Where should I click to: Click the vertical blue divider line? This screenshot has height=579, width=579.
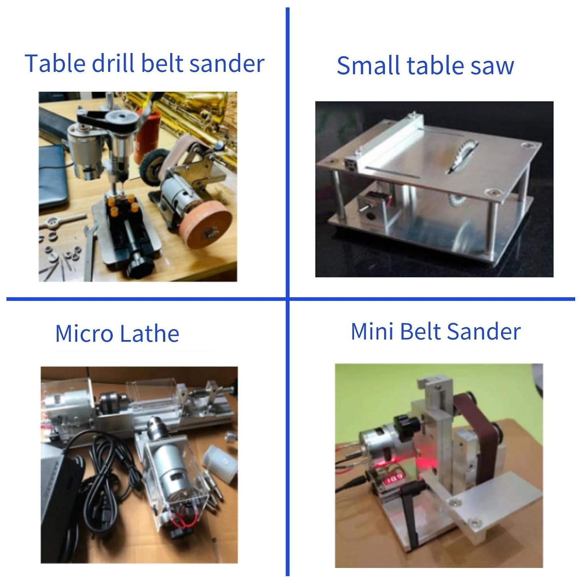[288, 291]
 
